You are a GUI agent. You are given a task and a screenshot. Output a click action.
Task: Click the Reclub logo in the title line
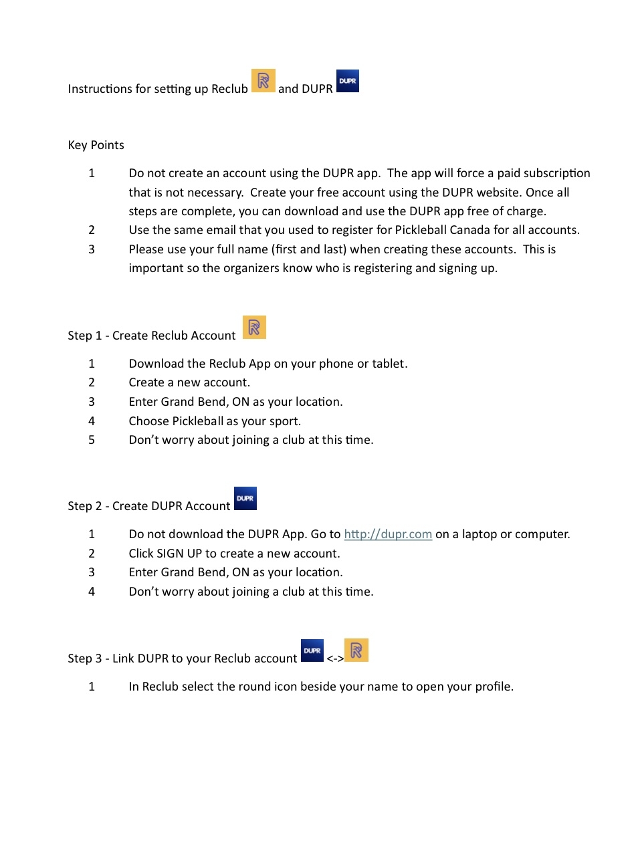click(x=263, y=81)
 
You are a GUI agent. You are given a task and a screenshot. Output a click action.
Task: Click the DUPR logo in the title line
click(x=347, y=81)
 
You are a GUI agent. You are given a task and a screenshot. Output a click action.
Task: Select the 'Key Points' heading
click(x=96, y=145)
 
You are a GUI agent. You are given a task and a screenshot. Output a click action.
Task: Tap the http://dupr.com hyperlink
click(x=388, y=534)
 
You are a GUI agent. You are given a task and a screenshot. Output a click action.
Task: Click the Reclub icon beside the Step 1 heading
click(x=254, y=328)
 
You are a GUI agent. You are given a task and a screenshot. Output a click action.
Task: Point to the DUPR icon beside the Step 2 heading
click(x=245, y=499)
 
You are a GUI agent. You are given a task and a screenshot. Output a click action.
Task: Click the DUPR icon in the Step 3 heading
click(x=312, y=650)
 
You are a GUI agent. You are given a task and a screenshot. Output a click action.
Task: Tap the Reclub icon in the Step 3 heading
click(x=356, y=650)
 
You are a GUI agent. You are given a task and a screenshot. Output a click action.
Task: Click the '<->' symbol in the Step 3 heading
click(x=335, y=659)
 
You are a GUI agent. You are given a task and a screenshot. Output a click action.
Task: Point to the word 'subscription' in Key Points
click(x=557, y=173)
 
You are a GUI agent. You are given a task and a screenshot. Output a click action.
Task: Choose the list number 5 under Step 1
click(x=92, y=440)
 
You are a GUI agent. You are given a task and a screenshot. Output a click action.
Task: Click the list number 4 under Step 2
click(x=92, y=592)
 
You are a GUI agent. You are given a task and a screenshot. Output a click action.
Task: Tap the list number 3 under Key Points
click(x=92, y=249)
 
